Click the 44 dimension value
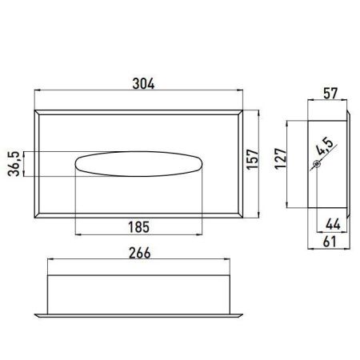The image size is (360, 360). pos(331,223)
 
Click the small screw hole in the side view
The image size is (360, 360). pos(317,164)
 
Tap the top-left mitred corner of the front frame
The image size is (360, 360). pos(38,114)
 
